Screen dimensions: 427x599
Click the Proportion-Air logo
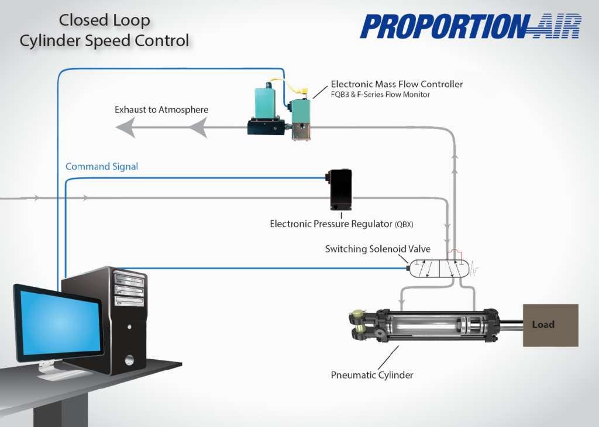pyautogui.click(x=471, y=26)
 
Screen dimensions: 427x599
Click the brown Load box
pyautogui.click(x=550, y=325)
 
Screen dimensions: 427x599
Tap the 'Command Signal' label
pyautogui.click(x=102, y=166)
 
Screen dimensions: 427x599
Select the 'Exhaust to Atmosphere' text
pyautogui.click(x=161, y=110)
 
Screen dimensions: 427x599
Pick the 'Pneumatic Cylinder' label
pyautogui.click(x=372, y=374)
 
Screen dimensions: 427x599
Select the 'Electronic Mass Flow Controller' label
pyautogui.click(x=397, y=84)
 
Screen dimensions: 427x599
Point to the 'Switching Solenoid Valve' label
pyautogui.click(x=377, y=249)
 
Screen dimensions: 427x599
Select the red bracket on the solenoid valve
pyautogui.click(x=455, y=255)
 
